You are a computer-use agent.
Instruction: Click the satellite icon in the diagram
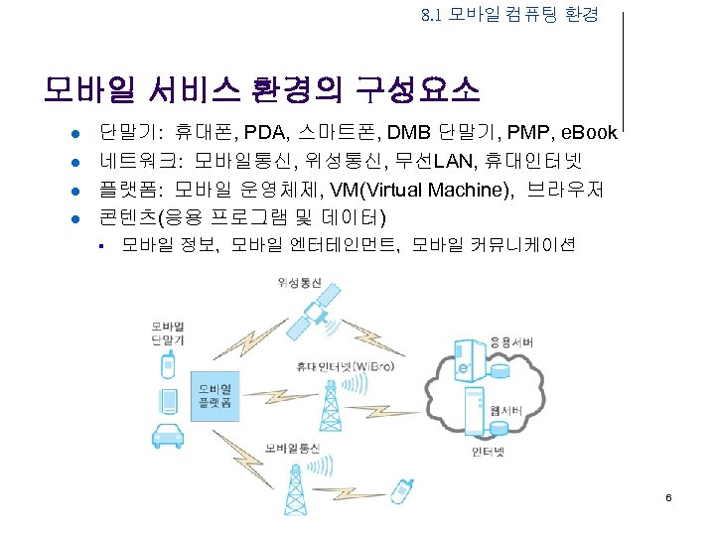pos(320,313)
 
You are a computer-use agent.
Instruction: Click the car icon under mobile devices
pos(167,435)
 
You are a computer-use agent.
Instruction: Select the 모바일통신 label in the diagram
pos(291,449)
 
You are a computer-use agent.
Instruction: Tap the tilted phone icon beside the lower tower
pos(403,492)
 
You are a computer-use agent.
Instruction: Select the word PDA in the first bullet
pos(266,132)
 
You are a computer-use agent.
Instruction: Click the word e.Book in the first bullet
pos(590,132)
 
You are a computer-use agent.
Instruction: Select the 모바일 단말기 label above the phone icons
pos(168,333)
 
